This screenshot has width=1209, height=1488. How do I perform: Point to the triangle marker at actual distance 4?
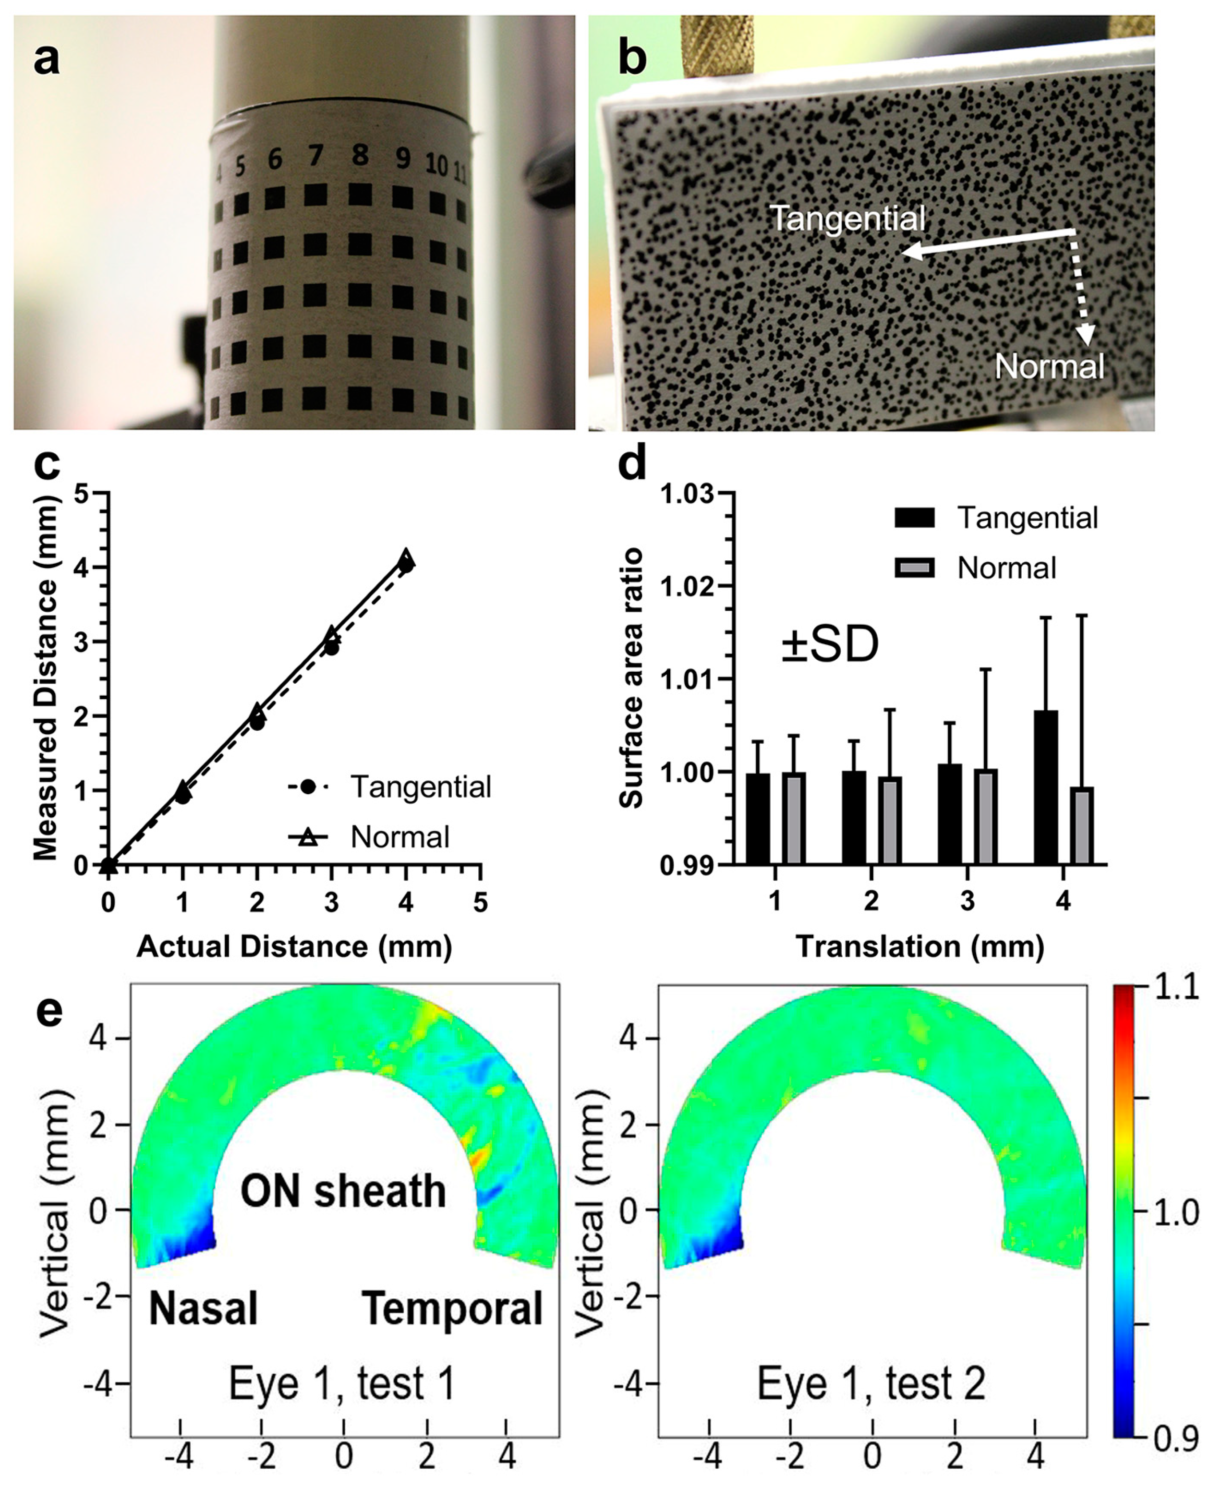tap(406, 557)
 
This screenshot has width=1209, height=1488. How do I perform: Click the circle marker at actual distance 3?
tap(331, 648)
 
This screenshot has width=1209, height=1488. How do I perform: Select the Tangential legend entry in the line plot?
tap(421, 787)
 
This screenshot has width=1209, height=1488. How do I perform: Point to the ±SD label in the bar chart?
tap(829, 645)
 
